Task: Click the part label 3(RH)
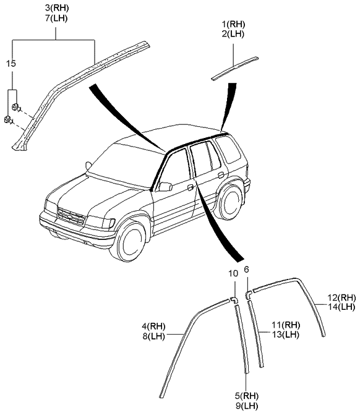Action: point(56,7)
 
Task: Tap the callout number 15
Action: point(11,64)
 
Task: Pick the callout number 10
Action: point(232,273)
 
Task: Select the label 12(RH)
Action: point(341,297)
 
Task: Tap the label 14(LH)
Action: point(341,307)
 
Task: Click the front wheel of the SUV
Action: point(132,243)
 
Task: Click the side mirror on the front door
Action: point(165,186)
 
